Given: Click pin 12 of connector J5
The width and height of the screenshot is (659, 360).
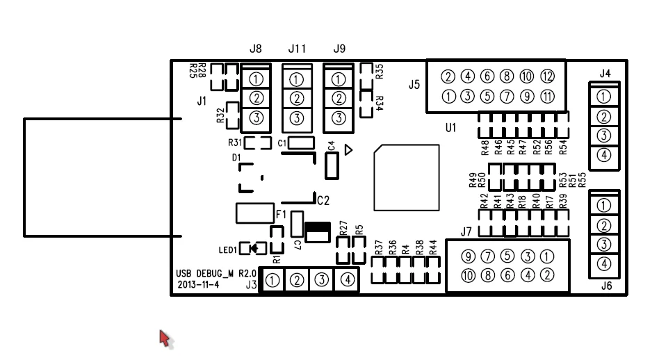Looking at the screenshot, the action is click(x=547, y=76).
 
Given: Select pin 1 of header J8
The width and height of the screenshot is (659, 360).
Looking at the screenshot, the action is click(x=256, y=79).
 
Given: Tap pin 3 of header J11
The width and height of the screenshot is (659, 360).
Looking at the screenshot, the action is click(x=297, y=118).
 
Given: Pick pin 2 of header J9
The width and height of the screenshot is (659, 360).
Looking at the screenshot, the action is click(x=339, y=98).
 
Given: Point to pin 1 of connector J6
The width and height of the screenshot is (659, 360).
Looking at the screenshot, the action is click(x=604, y=206).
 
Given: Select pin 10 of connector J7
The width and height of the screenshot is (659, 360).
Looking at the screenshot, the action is click(x=468, y=276).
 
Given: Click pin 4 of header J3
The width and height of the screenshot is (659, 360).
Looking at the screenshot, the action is click(x=347, y=279).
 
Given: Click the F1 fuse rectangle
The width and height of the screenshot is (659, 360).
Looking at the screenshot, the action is click(x=255, y=213).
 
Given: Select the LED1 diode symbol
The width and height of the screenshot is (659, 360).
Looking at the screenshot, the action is click(x=254, y=249).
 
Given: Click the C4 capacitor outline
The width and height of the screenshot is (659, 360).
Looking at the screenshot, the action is click(x=332, y=166).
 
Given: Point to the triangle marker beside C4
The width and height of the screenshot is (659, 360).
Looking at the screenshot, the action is click(x=348, y=150).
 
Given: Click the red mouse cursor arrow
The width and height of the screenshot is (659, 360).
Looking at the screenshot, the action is click(x=165, y=338).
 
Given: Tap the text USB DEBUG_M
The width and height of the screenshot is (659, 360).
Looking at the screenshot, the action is click(x=204, y=274).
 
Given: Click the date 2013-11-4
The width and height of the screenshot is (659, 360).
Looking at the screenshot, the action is click(x=198, y=285).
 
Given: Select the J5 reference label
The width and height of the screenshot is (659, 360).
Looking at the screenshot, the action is click(x=414, y=85).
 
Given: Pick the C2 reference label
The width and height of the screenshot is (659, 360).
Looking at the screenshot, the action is click(x=323, y=201).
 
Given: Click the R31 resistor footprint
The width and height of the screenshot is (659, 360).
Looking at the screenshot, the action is click(x=258, y=143).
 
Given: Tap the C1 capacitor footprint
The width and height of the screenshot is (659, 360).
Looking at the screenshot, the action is click(x=301, y=143).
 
